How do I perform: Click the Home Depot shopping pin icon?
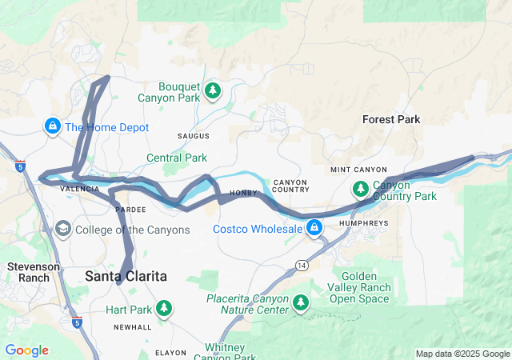coord(52,126)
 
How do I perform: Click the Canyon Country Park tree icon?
coord(361,190)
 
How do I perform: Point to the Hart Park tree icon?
coord(163,308)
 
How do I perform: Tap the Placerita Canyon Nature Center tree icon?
coord(301,302)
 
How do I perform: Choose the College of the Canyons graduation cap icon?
coord(62,230)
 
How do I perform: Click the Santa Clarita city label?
coord(126,276)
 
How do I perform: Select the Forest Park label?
coord(391,119)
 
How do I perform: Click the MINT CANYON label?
coord(358,170)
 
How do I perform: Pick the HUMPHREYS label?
coord(364,223)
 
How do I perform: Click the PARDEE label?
coord(130,209)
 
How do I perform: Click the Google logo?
coord(26,350)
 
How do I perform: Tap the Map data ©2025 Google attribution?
coord(462,354)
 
